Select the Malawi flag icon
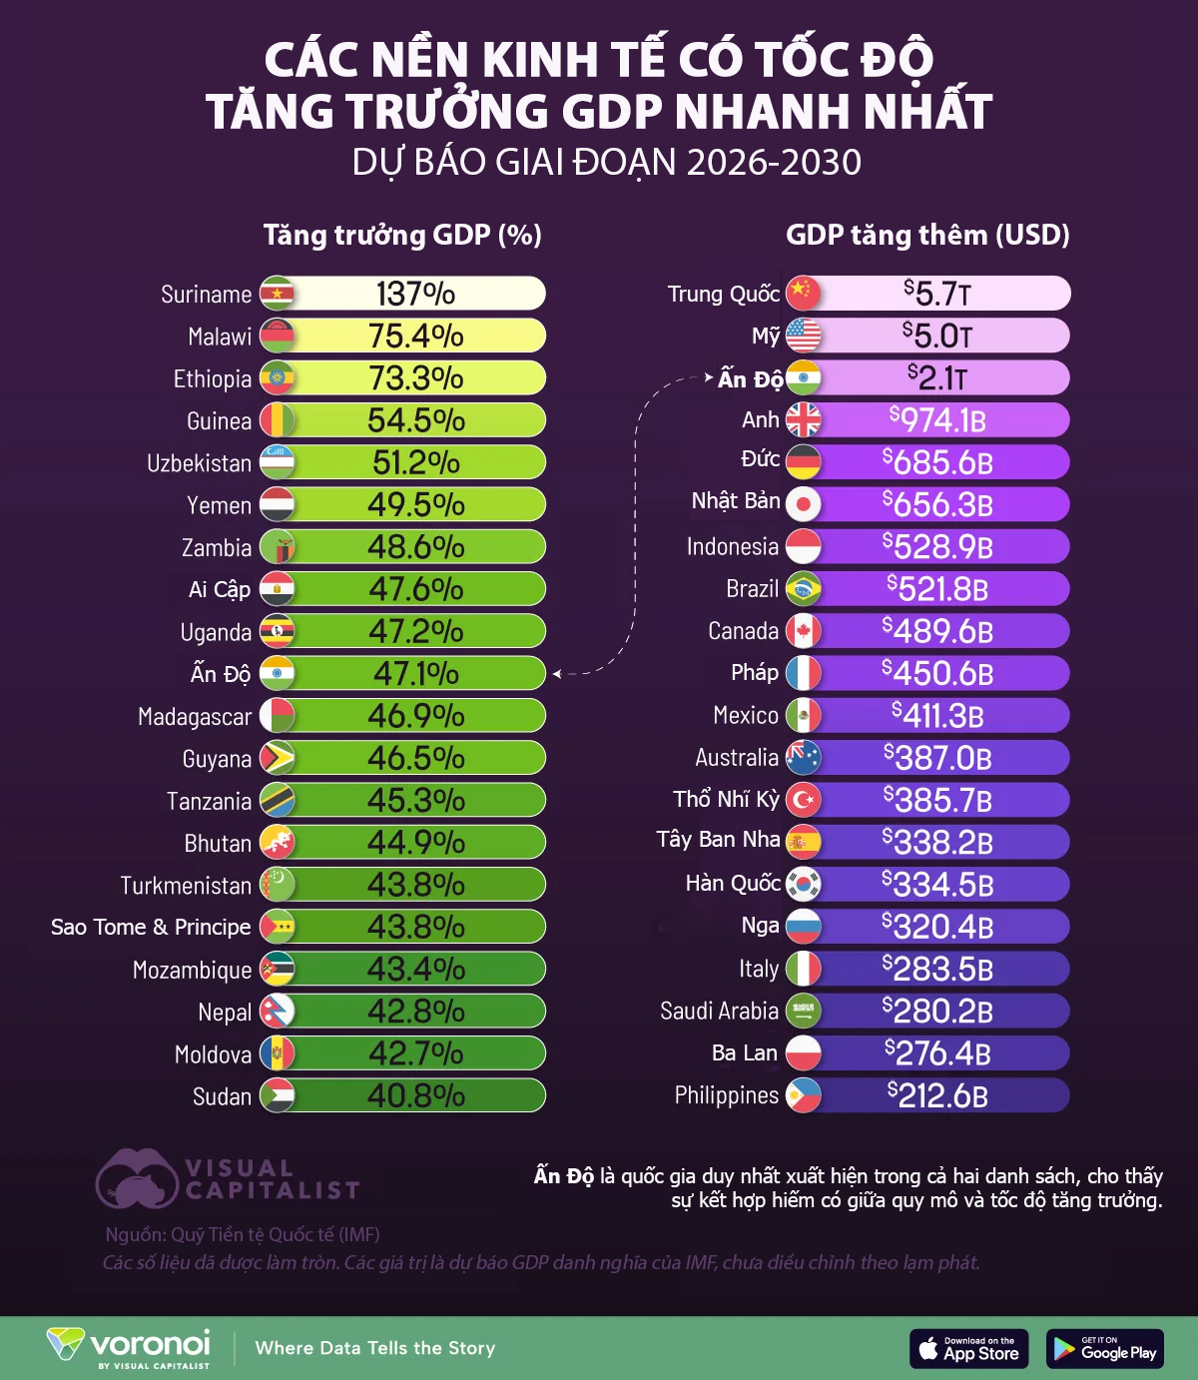tap(278, 337)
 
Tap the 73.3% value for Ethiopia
tap(415, 378)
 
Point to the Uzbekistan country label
tap(199, 463)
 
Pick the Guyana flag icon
tap(278, 759)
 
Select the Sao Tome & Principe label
tap(151, 928)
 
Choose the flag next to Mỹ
tap(803, 336)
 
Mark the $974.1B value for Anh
tap(937, 420)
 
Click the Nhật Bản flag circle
tap(803, 504)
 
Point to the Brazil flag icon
tap(803, 589)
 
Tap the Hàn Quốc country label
tap(733, 884)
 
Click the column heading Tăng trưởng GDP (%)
tap(402, 236)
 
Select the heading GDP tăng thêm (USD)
tap(927, 236)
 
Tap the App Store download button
tap(968, 1349)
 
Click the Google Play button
tap(1105, 1349)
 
